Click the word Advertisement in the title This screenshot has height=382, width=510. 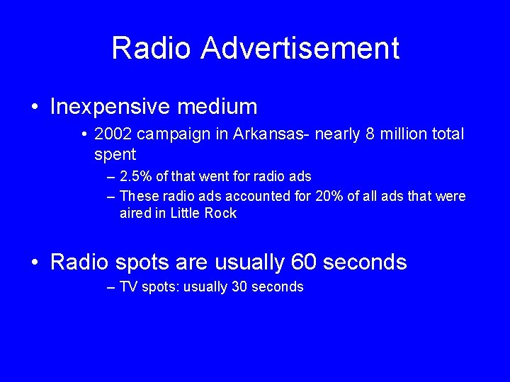coord(300,48)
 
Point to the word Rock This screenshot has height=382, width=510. coord(221,213)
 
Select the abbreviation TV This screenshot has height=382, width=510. coord(128,286)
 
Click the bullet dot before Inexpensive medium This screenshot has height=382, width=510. coord(35,108)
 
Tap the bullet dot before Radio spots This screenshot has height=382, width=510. coord(35,263)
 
